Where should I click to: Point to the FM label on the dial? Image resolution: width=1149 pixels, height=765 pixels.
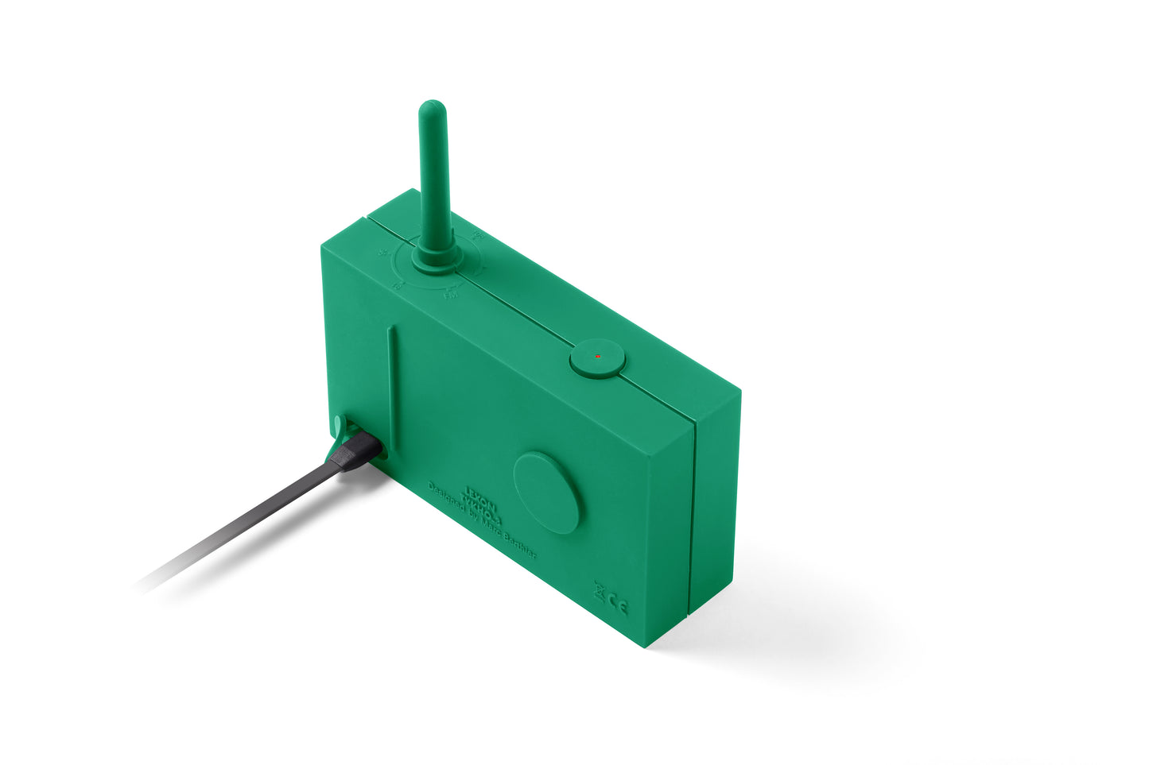[x=450, y=295]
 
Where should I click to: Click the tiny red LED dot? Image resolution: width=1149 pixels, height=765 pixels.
[x=598, y=357]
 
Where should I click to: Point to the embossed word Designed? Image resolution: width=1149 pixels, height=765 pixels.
[x=444, y=499]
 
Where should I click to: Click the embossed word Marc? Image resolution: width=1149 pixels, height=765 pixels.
[x=492, y=529]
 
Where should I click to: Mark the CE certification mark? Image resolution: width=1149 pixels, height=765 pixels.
[x=618, y=607]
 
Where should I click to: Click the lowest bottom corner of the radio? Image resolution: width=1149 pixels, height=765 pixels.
[x=651, y=644]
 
